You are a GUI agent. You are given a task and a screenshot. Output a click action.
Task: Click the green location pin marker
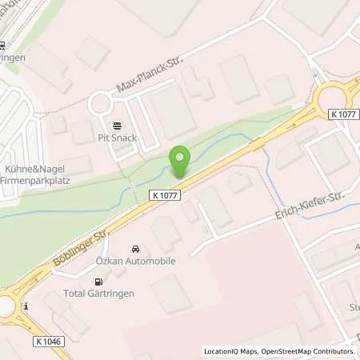point(180,162)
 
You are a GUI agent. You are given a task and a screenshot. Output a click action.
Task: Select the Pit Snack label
point(118,138)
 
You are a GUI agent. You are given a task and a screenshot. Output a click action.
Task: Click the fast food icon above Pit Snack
point(118,125)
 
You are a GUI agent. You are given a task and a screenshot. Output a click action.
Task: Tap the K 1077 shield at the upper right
point(343,115)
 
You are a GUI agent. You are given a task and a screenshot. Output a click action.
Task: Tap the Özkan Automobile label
point(137,262)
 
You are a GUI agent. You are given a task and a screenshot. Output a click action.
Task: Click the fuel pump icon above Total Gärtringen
point(98,282)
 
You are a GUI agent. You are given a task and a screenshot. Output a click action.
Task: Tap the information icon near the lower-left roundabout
point(26,306)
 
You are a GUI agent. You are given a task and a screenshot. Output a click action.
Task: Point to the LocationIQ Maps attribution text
point(232,351)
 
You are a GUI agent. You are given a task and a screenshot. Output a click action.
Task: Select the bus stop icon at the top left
point(3,46)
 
